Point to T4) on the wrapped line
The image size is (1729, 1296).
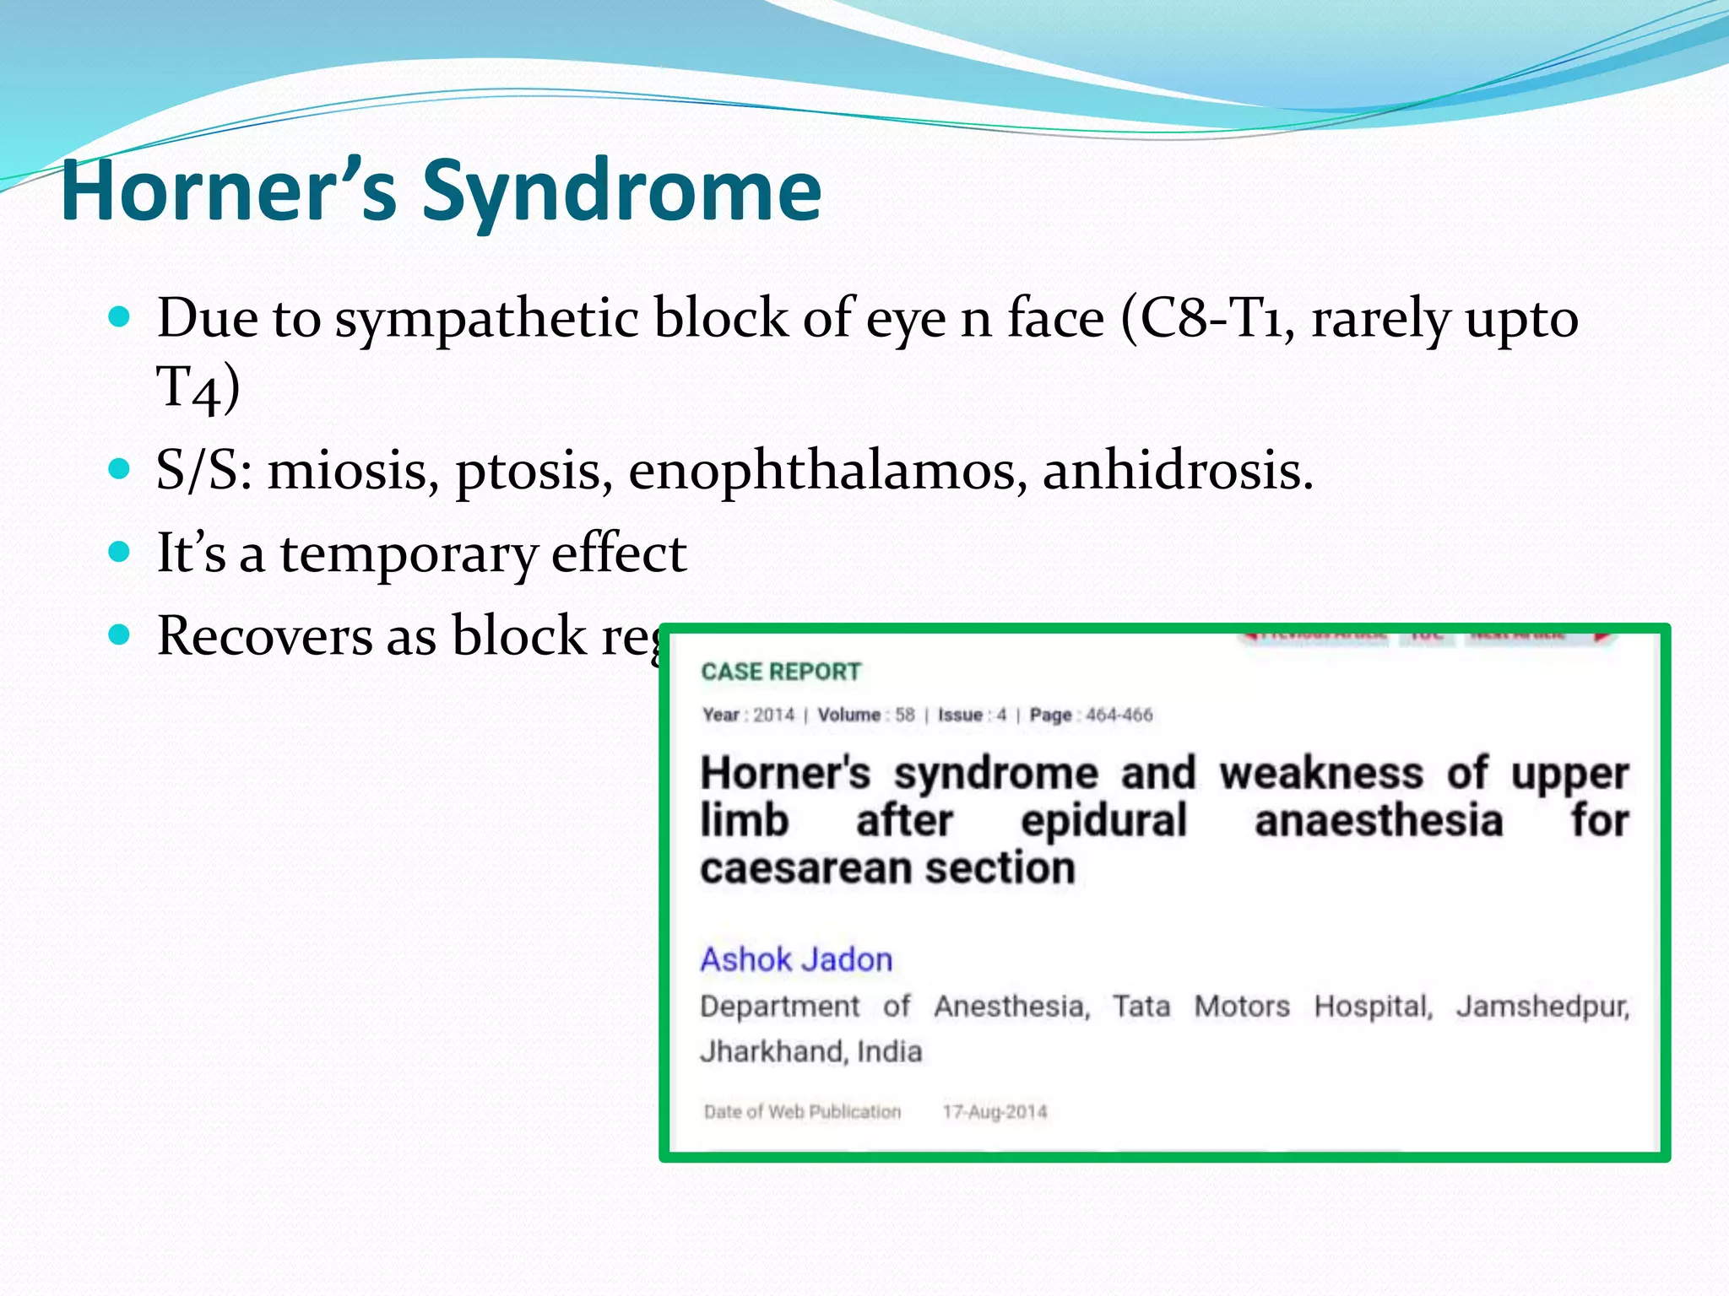(198, 388)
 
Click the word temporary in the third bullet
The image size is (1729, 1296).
(409, 554)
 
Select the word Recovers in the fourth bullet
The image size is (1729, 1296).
(264, 635)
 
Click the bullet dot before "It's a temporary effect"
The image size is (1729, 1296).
(120, 552)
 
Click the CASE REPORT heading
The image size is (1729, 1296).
(781, 672)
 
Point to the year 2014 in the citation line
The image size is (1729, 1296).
(773, 715)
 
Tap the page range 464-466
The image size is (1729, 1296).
(1119, 715)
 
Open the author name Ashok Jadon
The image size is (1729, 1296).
(796, 959)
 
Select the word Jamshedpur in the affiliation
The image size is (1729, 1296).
(1542, 1007)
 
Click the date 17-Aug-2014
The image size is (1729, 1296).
(995, 1112)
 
